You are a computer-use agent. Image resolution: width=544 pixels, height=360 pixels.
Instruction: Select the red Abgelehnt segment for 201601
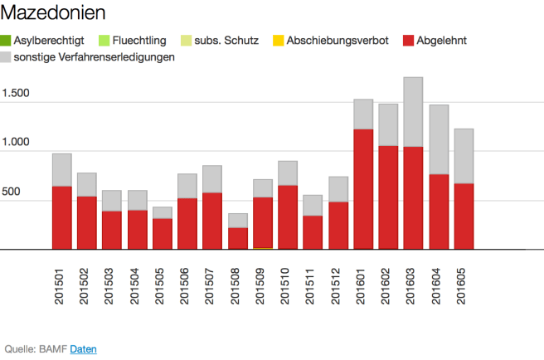363,189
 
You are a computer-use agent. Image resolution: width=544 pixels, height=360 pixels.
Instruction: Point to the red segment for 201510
288,216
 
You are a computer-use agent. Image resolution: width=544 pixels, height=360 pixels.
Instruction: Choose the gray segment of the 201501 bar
61,169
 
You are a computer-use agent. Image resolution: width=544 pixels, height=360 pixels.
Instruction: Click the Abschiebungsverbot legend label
337,41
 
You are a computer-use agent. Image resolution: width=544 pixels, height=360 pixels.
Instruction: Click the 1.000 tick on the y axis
17,143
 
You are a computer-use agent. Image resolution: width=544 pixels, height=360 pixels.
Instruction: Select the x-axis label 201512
338,287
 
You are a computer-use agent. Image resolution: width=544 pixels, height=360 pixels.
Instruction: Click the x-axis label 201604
439,287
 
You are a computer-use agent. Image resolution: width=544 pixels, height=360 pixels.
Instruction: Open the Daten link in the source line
83,349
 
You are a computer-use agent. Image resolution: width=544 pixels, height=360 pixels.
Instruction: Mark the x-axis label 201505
162,287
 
